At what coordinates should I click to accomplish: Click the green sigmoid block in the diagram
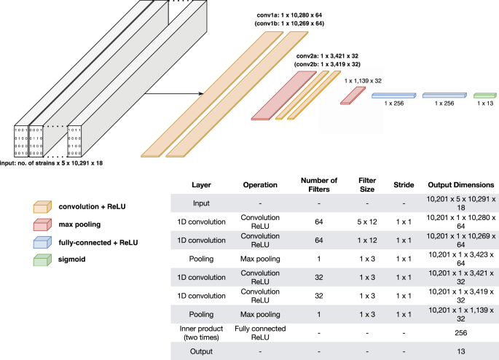click(x=484, y=95)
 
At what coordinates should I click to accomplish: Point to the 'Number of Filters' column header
click(x=319, y=185)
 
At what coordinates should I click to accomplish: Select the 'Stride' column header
click(x=403, y=185)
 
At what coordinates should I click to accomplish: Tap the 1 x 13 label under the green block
click(x=484, y=104)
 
